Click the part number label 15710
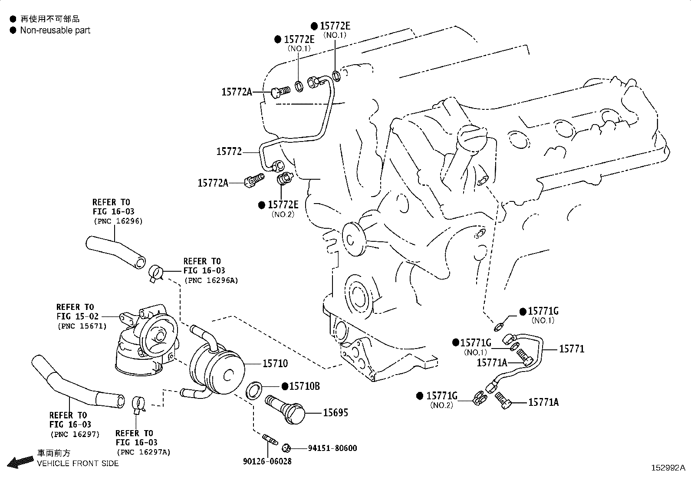tap(275, 363)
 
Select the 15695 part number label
tap(335, 413)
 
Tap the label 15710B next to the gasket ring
tap(304, 386)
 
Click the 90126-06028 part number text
tap(267, 461)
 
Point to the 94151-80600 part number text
tap(332, 448)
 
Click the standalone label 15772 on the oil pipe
tap(229, 151)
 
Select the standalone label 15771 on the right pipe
tap(572, 349)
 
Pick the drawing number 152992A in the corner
tap(668, 468)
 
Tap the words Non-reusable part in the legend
tap(55, 30)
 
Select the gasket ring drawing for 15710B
tap(254, 389)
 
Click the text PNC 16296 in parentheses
tap(118, 221)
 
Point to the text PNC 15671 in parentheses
tap(82, 326)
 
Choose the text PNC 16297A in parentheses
tap(143, 452)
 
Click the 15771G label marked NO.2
tap(442, 396)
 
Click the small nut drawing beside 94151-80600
tap(286, 447)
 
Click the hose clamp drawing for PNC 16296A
tap(155, 273)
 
